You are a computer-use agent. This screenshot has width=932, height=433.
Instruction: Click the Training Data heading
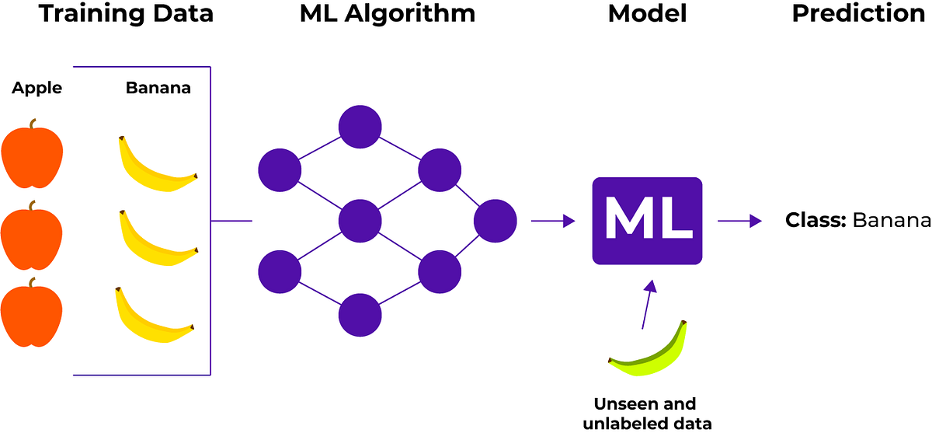pyautogui.click(x=125, y=14)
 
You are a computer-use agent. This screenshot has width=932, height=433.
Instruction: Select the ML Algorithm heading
pyautogui.click(x=388, y=14)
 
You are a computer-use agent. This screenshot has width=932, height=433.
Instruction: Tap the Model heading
pyautogui.click(x=647, y=14)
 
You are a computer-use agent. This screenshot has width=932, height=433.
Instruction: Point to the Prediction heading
pyautogui.click(x=858, y=14)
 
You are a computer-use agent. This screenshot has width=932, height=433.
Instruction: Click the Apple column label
pyautogui.click(x=37, y=89)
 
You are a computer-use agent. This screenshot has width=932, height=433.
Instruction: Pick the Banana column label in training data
pyautogui.click(x=158, y=89)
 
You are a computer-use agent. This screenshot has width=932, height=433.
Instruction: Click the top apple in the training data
pyautogui.click(x=31, y=155)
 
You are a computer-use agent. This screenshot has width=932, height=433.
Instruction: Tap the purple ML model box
pyautogui.click(x=647, y=220)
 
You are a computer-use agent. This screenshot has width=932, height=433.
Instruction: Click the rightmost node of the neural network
pyautogui.click(x=495, y=220)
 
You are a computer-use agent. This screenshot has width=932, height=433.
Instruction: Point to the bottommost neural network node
pyautogui.click(x=360, y=314)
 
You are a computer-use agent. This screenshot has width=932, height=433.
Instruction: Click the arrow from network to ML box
pyautogui.click(x=552, y=222)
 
